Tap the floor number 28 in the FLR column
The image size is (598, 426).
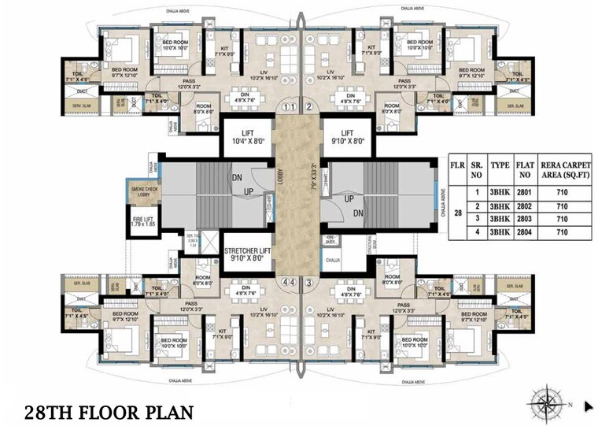456,211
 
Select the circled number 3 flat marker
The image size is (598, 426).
309,281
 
